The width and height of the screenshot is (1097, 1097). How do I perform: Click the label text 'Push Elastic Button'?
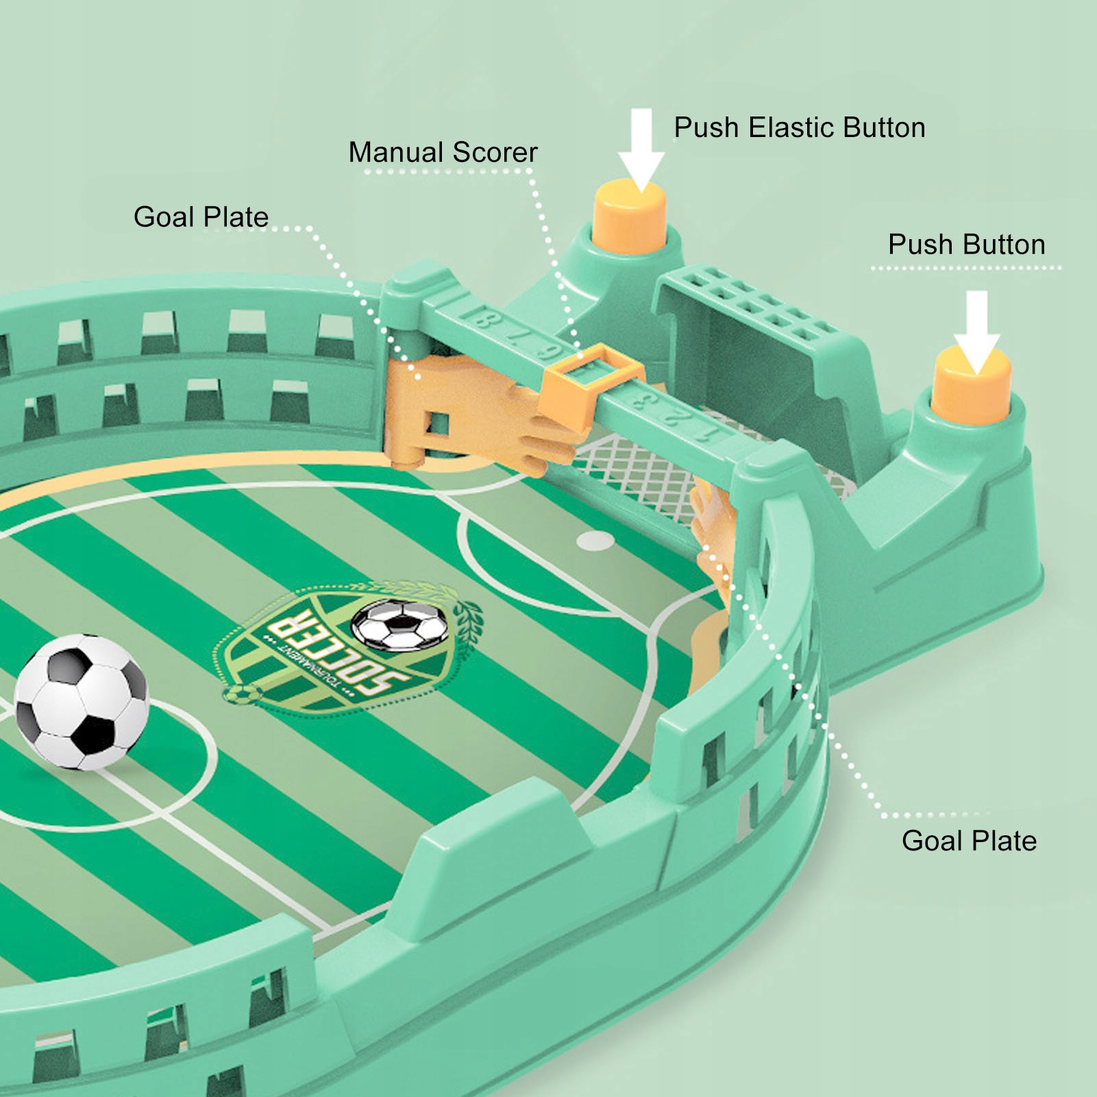pyautogui.click(x=799, y=128)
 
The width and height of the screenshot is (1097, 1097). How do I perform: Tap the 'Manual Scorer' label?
pyautogui.click(x=443, y=152)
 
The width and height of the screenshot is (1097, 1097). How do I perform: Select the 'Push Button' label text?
pyautogui.click(x=966, y=245)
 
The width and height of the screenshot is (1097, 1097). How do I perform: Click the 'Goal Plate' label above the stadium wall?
pyautogui.click(x=201, y=217)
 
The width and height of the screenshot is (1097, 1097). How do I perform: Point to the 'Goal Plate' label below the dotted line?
pyautogui.click(x=969, y=841)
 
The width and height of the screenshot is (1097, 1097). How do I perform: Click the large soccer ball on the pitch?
pyautogui.click(x=82, y=701)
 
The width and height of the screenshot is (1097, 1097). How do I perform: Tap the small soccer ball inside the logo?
pyautogui.click(x=400, y=624)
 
